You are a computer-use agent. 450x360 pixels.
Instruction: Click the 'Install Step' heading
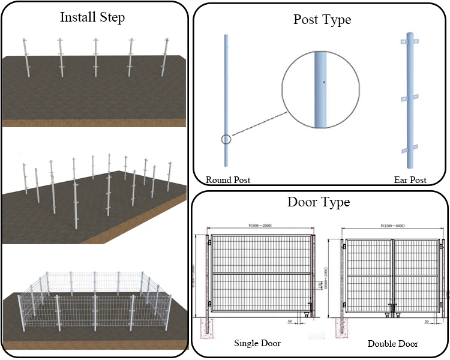pyautogui.click(x=92, y=17)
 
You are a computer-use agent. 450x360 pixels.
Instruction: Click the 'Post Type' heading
pyautogui.click(x=322, y=19)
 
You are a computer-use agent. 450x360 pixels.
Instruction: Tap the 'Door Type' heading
pyautogui.click(x=319, y=202)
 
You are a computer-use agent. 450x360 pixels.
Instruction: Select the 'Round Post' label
pyautogui.click(x=228, y=179)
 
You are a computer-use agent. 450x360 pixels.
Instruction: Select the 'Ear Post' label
pyautogui.click(x=410, y=179)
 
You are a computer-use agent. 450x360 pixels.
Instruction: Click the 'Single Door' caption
pyautogui.click(x=257, y=343)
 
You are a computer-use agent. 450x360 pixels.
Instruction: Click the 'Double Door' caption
pyautogui.click(x=392, y=344)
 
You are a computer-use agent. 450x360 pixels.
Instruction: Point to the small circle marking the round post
pyautogui.click(x=226, y=140)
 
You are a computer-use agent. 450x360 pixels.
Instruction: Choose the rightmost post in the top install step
pyautogui.click(x=166, y=57)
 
